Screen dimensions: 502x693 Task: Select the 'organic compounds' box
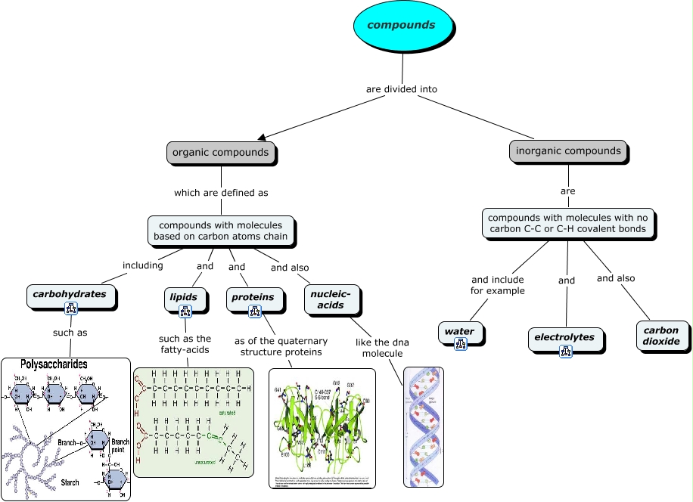220,152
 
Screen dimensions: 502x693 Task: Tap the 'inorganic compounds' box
568,150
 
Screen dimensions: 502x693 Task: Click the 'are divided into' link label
401,89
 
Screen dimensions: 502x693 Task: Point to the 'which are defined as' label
221,193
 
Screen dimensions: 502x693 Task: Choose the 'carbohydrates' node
70,293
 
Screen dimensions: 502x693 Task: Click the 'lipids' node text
183,297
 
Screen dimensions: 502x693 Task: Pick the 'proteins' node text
253,297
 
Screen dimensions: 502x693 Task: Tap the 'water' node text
459,331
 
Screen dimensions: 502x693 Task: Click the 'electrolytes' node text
564,336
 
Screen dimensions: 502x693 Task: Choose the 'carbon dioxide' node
662,336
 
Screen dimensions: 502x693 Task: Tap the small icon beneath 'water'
460,344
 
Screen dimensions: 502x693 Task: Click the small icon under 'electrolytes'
565,351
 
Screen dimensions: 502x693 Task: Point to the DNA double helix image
423,426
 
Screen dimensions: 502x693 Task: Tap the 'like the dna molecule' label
382,348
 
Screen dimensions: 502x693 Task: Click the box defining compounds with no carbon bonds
567,223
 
